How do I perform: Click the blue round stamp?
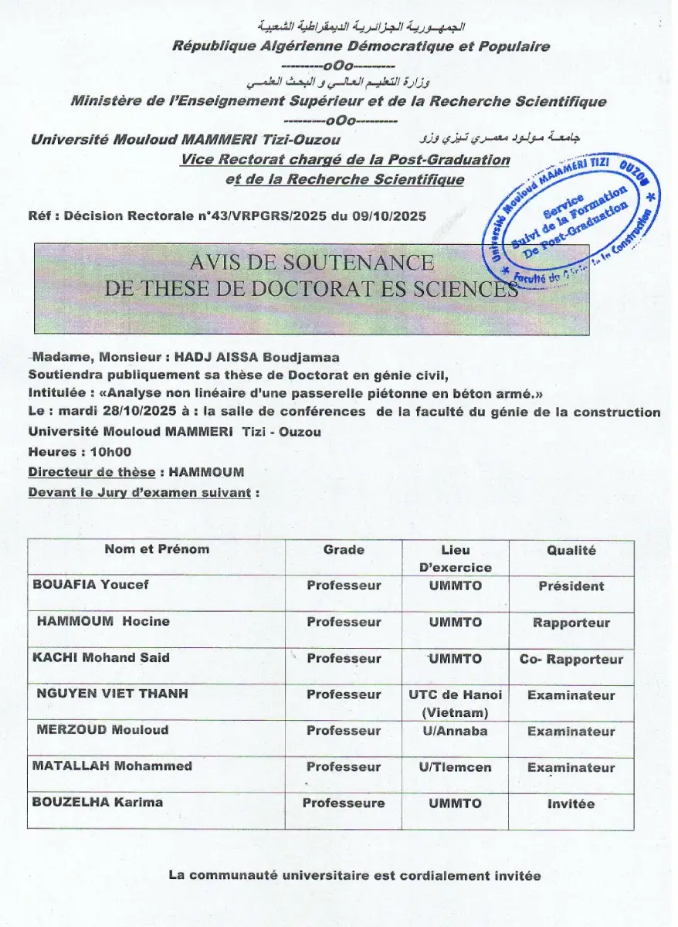click(572, 219)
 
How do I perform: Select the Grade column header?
click(344, 550)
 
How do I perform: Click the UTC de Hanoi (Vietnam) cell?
click(455, 702)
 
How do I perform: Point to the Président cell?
click(571, 586)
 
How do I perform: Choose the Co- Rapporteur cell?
click(571, 659)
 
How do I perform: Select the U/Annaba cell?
click(455, 731)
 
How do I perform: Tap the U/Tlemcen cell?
click(455, 767)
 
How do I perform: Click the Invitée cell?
click(571, 803)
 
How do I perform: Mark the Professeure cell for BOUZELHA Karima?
click(344, 803)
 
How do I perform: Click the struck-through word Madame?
click(55, 357)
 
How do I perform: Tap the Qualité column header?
click(571, 550)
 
